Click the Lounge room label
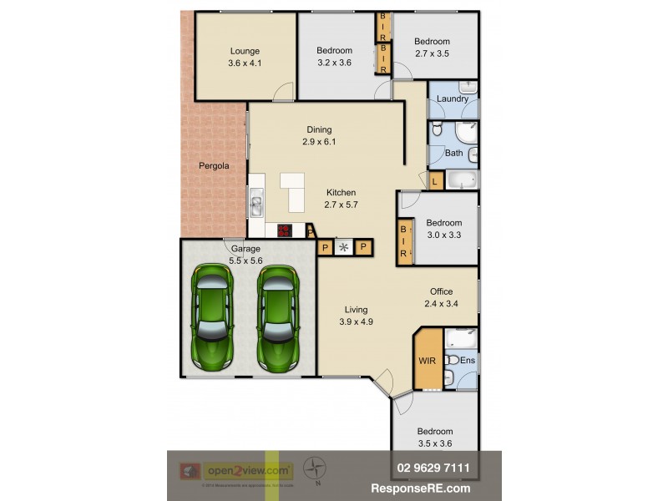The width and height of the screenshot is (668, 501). [x=245, y=51]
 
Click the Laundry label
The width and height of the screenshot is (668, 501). [x=453, y=99]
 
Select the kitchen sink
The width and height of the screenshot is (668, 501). [x=256, y=203]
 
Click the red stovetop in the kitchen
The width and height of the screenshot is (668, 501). [x=285, y=231]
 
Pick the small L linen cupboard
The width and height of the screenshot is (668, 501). [x=435, y=181]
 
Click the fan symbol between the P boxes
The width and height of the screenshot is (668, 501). [x=343, y=247]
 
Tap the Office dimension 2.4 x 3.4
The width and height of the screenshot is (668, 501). [x=442, y=303]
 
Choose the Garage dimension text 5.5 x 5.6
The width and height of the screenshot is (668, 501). [x=246, y=261]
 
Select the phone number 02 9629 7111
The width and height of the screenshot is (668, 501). [x=428, y=468]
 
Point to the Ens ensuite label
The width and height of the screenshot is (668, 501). [x=468, y=360]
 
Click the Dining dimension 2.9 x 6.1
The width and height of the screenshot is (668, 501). [x=319, y=142]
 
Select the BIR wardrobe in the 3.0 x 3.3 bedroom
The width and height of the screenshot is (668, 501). [x=404, y=242]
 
